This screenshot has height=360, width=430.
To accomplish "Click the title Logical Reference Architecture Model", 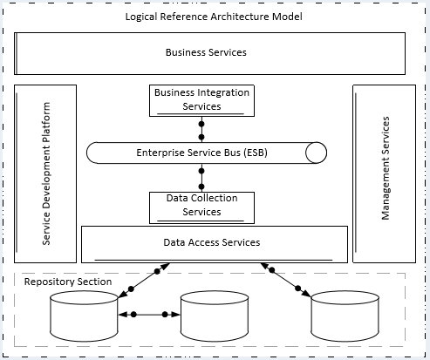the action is coord(214,17).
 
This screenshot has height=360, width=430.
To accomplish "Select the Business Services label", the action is coord(206,52).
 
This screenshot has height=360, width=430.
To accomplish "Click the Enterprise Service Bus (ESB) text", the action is coord(201,153).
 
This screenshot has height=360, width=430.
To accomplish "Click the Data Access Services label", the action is coord(212,242).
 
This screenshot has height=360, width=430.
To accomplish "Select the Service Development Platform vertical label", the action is coord(46,173).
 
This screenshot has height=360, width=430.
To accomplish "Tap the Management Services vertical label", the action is coord(386,168).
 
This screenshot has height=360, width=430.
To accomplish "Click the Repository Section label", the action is coord(68,282).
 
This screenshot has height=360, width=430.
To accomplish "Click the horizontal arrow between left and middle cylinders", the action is coord(149,315).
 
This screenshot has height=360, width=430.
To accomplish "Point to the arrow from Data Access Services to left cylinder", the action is coord(144,281).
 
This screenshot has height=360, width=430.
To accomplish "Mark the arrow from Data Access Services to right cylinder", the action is coord(285,280).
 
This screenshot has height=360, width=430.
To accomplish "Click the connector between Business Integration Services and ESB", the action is coord(201,130).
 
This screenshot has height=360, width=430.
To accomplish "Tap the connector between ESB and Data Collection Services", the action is coord(201,178).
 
